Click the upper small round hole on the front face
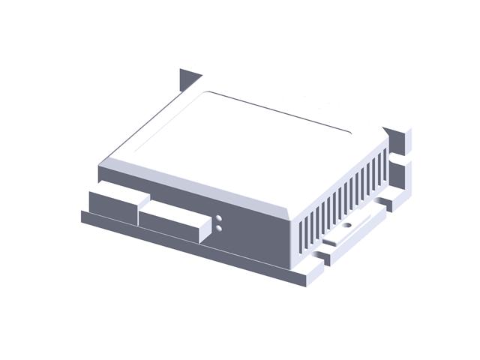pyautogui.click(x=218, y=218)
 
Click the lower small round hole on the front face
pyautogui.click(x=218, y=226)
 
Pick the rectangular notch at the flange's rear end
pyautogui.click(x=383, y=203)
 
